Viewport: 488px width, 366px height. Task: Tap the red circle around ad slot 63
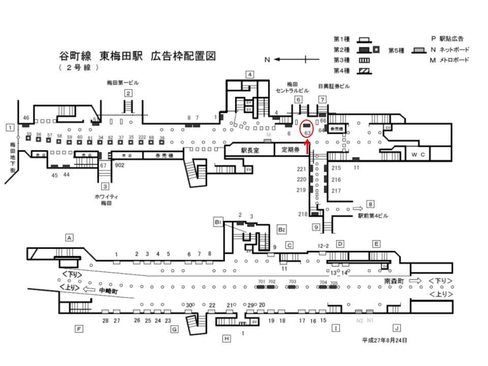[307, 128]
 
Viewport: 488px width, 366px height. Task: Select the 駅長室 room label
[251, 150]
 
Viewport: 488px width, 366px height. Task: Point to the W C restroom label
[421, 154]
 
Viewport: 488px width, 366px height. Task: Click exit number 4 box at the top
[250, 74]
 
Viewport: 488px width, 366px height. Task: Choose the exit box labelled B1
[218, 222]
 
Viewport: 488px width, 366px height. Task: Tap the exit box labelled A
[70, 237]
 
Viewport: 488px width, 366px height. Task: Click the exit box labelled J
[397, 328]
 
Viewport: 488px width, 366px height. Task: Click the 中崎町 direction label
[108, 291]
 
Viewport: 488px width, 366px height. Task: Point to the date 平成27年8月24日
[384, 340]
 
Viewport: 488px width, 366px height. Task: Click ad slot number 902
[120, 166]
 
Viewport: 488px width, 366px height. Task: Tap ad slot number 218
[302, 214]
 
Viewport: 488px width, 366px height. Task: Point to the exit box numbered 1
[9, 127]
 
